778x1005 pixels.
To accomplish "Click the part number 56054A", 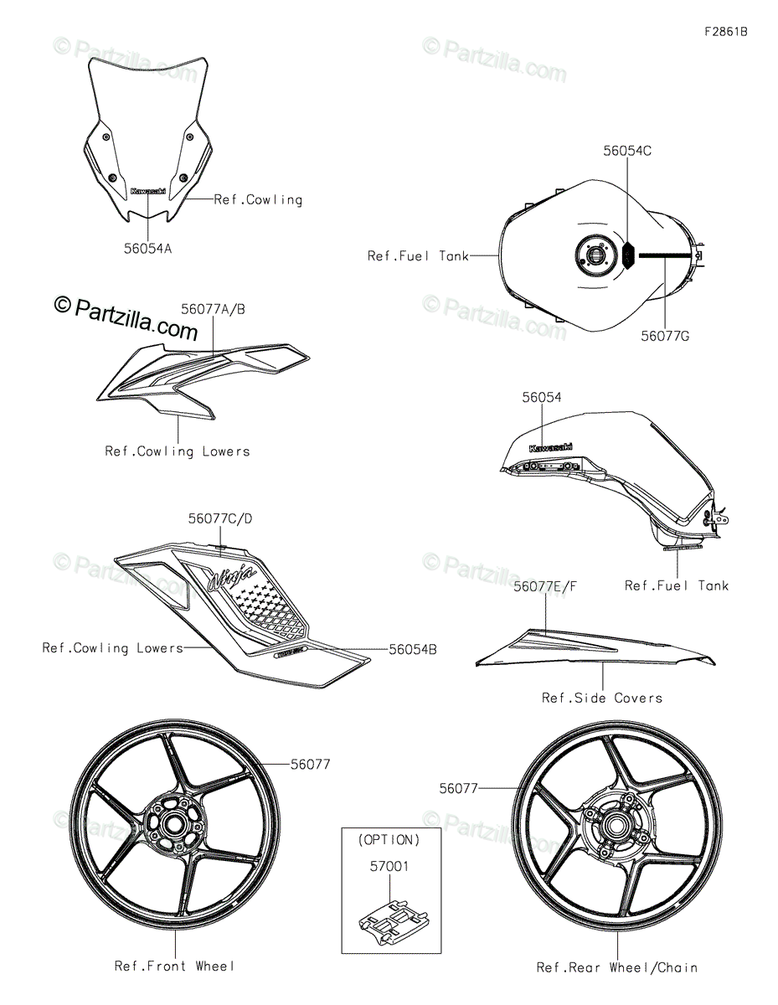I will point(148,248).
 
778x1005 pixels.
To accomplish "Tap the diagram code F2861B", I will point(725,32).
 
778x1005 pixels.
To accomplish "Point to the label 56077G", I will point(665,336).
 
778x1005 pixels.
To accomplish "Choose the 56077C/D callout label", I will point(220,519).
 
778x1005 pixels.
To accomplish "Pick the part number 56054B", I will point(412,649).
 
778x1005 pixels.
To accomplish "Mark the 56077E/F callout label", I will point(546,587).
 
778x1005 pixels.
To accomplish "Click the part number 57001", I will point(388,867).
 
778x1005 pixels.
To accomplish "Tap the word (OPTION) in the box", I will point(389,840).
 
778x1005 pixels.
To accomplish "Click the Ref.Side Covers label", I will point(602,698).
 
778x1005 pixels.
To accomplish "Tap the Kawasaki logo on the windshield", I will point(148,192).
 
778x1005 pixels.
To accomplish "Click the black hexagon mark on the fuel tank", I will point(629,252).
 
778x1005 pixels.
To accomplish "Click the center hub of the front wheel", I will point(175,824).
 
